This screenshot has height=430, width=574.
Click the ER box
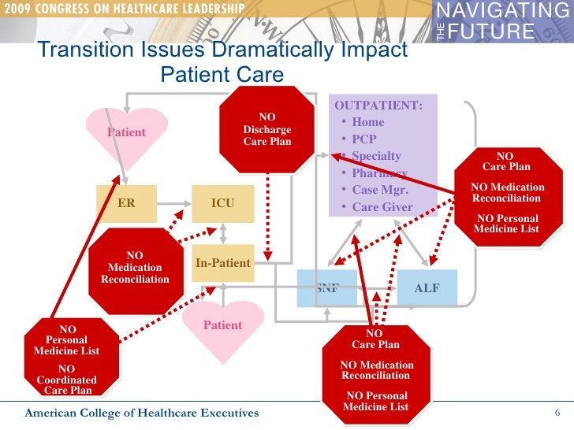(126, 203)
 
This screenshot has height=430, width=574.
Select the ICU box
(223, 203)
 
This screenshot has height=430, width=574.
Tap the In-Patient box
(223, 263)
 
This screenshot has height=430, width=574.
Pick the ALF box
(427, 288)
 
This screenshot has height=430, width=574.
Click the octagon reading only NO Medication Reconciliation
(135, 268)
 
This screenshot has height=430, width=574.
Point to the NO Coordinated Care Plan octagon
(67, 359)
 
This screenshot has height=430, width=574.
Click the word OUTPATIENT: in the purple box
(378, 106)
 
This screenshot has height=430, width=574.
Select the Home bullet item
(367, 122)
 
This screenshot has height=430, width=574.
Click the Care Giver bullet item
(382, 208)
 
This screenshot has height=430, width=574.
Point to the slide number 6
(557, 414)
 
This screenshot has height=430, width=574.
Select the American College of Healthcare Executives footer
(140, 414)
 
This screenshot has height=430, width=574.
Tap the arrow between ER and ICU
(174, 203)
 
